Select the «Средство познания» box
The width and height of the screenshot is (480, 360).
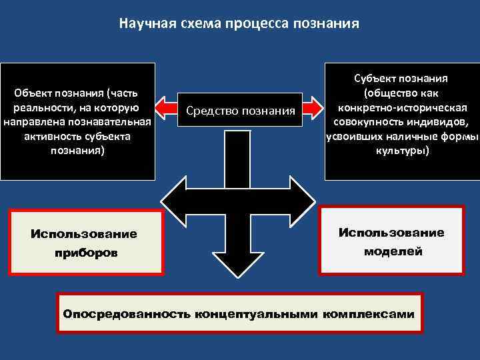pos(240,109)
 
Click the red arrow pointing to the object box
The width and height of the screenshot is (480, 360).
pos(165,107)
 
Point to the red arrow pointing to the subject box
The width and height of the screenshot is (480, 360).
pos(313,107)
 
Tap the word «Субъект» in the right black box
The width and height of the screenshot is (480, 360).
pos(377,78)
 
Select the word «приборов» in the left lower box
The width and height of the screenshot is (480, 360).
pos(84,253)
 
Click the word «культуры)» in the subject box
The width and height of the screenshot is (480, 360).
pos(401,151)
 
